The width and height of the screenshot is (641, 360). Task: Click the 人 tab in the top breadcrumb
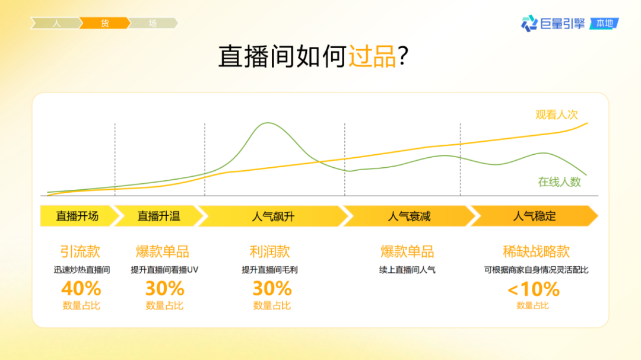[x=56, y=24]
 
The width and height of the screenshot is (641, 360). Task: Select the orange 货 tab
[x=104, y=24]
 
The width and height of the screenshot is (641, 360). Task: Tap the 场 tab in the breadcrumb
[x=153, y=24]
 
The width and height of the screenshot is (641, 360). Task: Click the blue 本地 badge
[x=604, y=24]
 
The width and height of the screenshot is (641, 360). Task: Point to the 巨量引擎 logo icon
[x=529, y=24]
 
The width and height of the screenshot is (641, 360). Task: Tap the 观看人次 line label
[x=556, y=115]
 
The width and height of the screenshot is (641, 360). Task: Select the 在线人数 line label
[x=559, y=181]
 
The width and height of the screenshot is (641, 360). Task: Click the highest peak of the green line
[x=268, y=123]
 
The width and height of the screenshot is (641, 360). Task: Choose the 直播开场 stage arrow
[x=77, y=216]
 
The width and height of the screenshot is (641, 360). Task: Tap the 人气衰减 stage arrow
[x=409, y=216]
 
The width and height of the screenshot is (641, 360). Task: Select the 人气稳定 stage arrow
[x=534, y=216]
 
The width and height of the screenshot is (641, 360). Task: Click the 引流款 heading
[x=80, y=251]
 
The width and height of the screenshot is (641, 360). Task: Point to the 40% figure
[x=81, y=289]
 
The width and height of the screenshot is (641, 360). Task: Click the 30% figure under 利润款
[x=272, y=289]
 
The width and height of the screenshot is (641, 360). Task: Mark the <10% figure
[x=533, y=289]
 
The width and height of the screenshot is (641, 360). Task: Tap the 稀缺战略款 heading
[x=536, y=251]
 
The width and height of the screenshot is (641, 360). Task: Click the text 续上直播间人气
[x=407, y=270]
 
